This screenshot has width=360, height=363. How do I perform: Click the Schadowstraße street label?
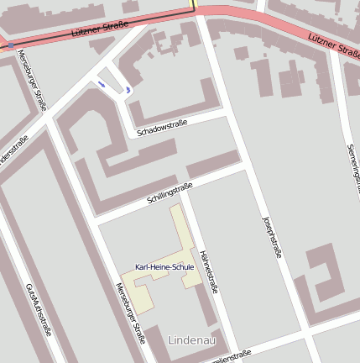[x=163, y=127]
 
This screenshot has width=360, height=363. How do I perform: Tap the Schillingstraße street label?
[x=170, y=194]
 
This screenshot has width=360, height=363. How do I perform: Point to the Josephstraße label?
[x=270, y=235]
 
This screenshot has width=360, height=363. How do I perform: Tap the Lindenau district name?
[x=192, y=340]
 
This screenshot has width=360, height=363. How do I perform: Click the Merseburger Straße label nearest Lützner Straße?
[x=33, y=81]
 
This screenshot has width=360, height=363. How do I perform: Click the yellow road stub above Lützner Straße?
[x=194, y=4]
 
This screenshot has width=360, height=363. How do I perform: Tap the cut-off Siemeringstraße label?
[x=352, y=168]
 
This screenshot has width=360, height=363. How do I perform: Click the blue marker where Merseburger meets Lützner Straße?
[x=10, y=45]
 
